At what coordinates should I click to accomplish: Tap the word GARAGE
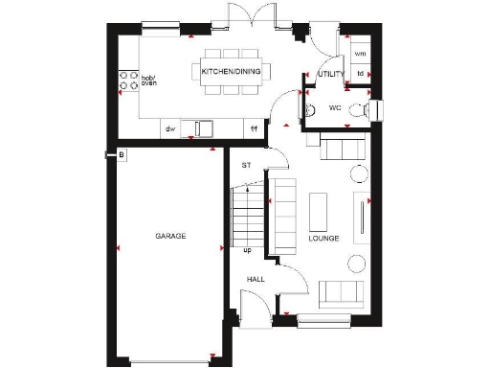point(170,236)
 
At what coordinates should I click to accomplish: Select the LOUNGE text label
point(323,238)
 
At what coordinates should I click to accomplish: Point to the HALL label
point(256,279)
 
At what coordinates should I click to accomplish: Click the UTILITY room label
point(331,74)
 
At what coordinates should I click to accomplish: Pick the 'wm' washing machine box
point(360,54)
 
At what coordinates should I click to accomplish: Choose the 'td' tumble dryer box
point(360,74)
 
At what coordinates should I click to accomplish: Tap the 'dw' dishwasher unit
point(170,127)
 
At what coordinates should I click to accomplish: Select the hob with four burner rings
point(123,83)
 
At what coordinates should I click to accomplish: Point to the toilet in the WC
point(359,109)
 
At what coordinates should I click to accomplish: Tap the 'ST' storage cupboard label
point(246,165)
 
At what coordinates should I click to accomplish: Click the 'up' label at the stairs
point(247,251)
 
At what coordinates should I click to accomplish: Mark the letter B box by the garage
point(121,153)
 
